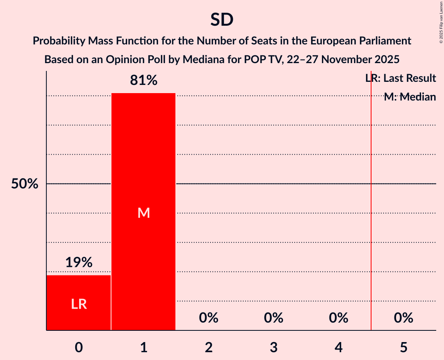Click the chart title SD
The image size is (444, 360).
coord(222,20)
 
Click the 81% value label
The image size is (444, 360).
coord(144,81)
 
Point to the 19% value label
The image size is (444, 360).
coord(79,263)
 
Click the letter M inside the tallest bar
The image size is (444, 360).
coord(144,213)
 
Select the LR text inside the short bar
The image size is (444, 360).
coord(79,304)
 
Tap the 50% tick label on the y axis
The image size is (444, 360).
coord(25,184)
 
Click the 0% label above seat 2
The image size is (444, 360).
coord(209,318)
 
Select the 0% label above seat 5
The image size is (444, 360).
coord(403,318)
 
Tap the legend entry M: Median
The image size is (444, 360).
coord(410,97)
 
